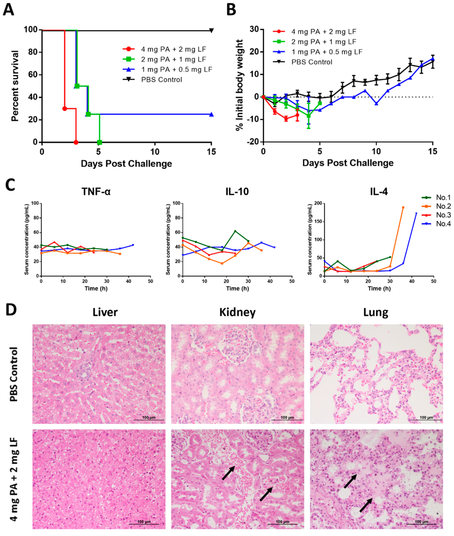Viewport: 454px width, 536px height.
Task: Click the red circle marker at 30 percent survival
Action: (x=65, y=109)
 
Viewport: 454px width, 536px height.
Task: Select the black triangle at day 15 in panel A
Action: (x=212, y=31)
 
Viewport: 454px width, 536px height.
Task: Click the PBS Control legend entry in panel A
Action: (x=161, y=80)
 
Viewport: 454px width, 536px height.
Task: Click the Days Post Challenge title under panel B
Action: (x=348, y=163)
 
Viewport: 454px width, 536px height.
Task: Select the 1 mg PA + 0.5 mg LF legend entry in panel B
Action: (x=327, y=52)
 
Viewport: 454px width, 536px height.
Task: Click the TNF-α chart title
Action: (x=96, y=192)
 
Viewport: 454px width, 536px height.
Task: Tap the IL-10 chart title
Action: (x=237, y=192)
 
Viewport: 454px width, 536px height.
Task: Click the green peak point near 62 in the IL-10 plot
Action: (x=235, y=231)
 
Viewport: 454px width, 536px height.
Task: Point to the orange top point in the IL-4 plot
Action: (x=403, y=207)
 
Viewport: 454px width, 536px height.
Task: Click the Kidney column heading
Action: (x=237, y=312)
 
